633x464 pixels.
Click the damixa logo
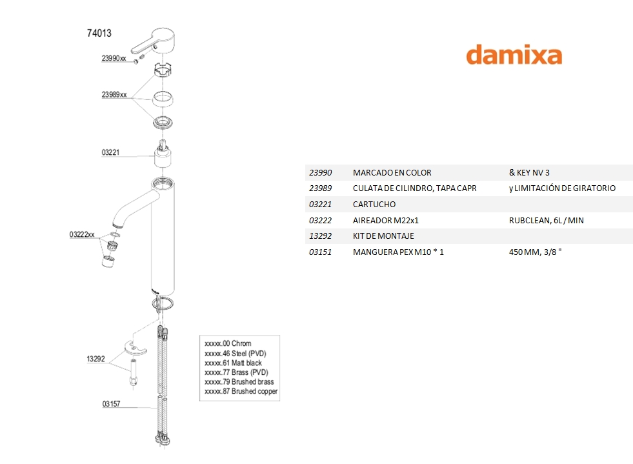(514, 54)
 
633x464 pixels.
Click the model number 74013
(99, 34)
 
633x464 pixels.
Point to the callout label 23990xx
(114, 58)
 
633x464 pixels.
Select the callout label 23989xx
(114, 94)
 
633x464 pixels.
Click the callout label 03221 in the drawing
(111, 153)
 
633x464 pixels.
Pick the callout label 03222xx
(82, 235)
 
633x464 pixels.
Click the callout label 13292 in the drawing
(95, 359)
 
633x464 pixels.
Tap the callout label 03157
(111, 405)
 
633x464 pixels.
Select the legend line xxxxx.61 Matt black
(233, 363)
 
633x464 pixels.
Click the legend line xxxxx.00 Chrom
(228, 344)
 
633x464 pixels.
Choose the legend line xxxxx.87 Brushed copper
(241, 392)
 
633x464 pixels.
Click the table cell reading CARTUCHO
(374, 205)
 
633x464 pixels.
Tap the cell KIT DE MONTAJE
(383, 236)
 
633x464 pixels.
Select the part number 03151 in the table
(321, 252)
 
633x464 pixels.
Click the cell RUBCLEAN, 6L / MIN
(546, 220)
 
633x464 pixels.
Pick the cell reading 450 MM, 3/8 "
(536, 252)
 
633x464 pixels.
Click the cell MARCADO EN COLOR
(392, 173)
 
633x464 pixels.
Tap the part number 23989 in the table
(321, 188)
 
